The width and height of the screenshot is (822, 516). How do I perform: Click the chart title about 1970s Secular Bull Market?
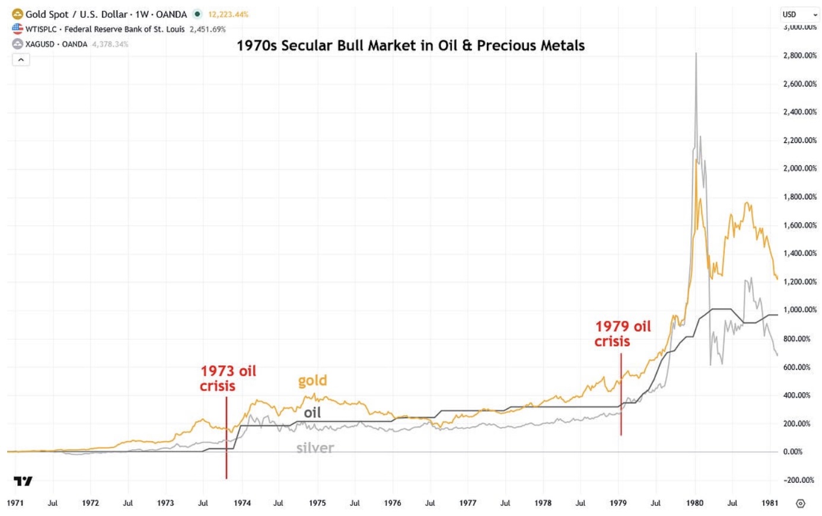(410, 46)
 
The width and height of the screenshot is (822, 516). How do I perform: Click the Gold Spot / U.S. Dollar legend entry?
(106, 14)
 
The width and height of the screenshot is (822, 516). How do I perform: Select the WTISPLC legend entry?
(105, 29)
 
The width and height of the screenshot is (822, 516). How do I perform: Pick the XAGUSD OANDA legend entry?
(56, 44)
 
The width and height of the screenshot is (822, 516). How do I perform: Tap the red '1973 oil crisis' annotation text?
(228, 378)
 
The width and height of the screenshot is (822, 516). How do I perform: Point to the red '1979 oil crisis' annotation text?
(623, 334)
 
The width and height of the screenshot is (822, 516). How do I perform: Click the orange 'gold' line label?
(313, 381)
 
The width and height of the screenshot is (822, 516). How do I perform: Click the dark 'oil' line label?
(313, 413)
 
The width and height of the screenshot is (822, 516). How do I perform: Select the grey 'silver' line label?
(315, 448)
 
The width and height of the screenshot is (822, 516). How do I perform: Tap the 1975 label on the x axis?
(317, 503)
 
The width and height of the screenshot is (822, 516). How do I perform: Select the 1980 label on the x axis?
(694, 503)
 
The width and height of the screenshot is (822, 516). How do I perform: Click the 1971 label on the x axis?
(15, 503)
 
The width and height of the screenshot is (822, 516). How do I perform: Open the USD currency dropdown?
(799, 14)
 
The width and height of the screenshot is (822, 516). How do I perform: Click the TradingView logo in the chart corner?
(23, 481)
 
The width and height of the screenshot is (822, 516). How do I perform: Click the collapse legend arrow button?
(21, 60)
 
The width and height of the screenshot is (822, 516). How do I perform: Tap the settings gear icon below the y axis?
(800, 504)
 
